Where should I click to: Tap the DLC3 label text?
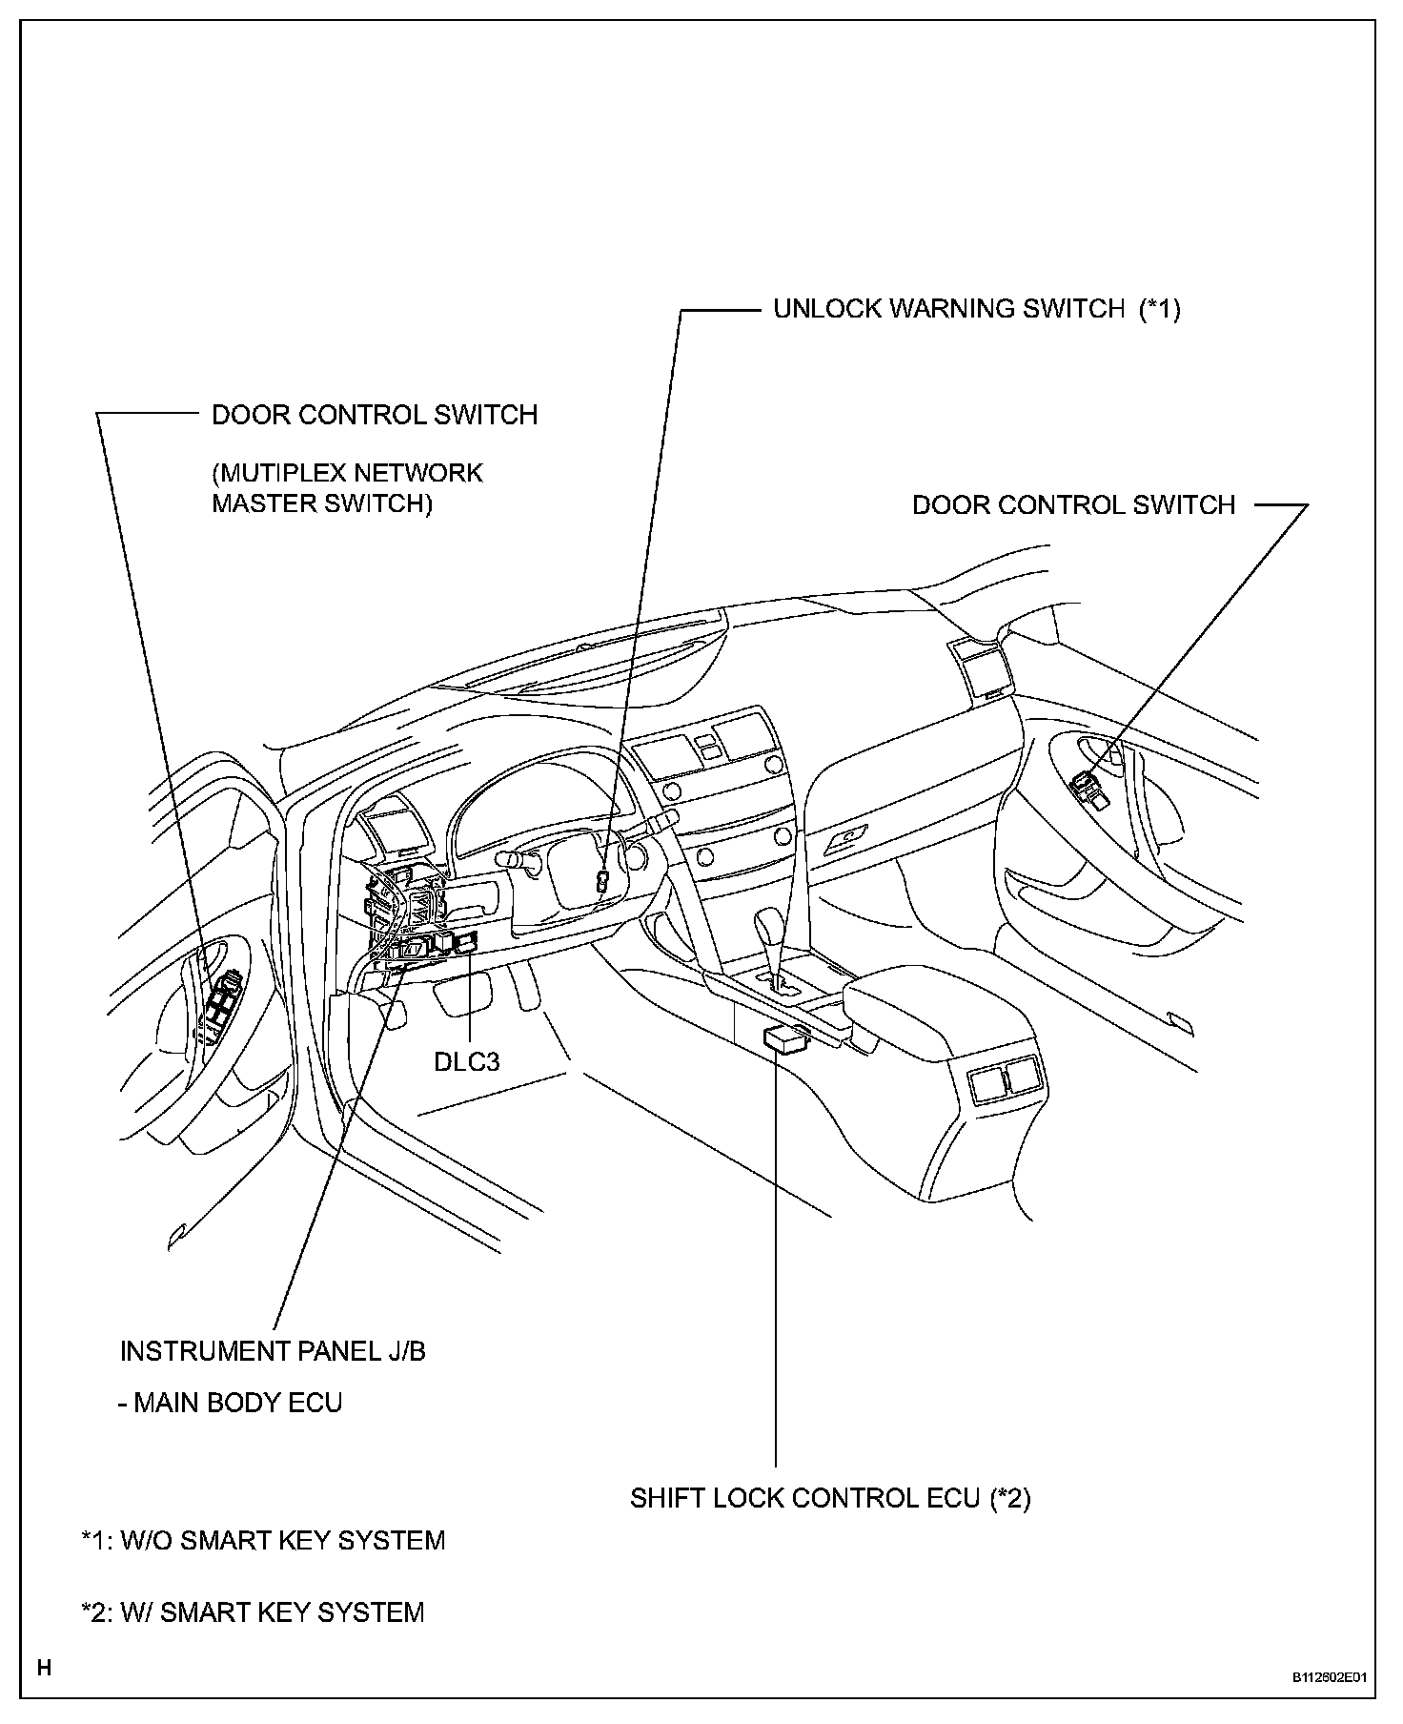point(466,1061)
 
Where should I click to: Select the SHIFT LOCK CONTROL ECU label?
point(829,1498)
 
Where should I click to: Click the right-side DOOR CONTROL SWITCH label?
point(1073,504)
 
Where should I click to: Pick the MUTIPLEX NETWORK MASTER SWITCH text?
point(347,488)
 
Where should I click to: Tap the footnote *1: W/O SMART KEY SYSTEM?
point(263,1540)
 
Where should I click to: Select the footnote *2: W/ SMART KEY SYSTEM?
point(253,1611)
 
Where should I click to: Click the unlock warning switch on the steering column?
point(602,880)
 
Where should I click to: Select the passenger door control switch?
point(1088,788)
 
